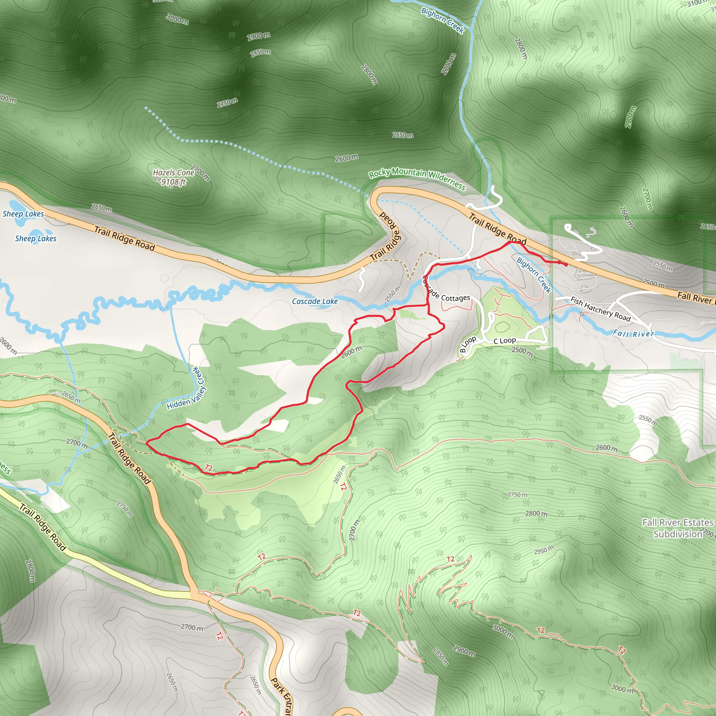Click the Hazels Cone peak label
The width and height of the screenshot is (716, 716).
[x=173, y=173]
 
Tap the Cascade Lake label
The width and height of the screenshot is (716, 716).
[x=315, y=301]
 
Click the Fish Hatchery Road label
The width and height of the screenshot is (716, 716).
[x=600, y=309]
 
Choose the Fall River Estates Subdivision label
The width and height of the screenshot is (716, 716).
[x=678, y=528]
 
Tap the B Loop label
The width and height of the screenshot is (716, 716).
[x=467, y=344]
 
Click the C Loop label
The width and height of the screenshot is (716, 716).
[x=504, y=341]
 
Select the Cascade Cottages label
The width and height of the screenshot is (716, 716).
[x=446, y=293]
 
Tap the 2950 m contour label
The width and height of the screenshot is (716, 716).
[x=544, y=550]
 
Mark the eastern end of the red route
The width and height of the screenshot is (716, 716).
[x=566, y=265]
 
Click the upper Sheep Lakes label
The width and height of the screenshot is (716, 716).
[x=23, y=214]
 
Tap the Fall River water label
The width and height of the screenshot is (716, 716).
[x=633, y=334]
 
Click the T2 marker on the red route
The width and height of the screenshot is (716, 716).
[x=209, y=468]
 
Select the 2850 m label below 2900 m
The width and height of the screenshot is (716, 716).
[x=260, y=53]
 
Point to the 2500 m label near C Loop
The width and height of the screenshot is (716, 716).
[x=522, y=351]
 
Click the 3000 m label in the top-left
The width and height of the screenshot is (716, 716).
[x=177, y=19]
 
